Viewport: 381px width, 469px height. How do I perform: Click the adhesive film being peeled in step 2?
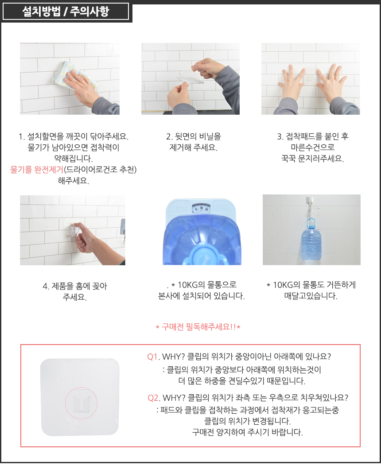(x=190, y=78)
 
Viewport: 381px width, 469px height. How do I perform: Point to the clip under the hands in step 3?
(x=310, y=78)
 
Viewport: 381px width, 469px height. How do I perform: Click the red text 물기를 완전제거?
(x=37, y=170)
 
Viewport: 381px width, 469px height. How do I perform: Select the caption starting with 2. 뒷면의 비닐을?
(x=194, y=142)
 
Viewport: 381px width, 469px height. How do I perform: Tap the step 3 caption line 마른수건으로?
(x=313, y=147)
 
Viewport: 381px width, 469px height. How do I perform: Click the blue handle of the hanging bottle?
(x=311, y=223)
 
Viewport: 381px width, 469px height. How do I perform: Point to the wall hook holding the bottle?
(x=310, y=203)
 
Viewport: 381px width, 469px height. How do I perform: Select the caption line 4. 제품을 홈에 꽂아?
(x=75, y=286)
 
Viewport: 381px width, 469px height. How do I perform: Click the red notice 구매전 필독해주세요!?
(x=198, y=327)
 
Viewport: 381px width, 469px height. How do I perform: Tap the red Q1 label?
(x=152, y=357)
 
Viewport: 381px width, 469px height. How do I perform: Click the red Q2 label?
(x=153, y=398)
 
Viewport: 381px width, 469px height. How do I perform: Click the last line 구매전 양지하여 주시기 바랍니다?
(x=248, y=432)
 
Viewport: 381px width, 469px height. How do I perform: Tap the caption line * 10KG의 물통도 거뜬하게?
(x=311, y=285)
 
